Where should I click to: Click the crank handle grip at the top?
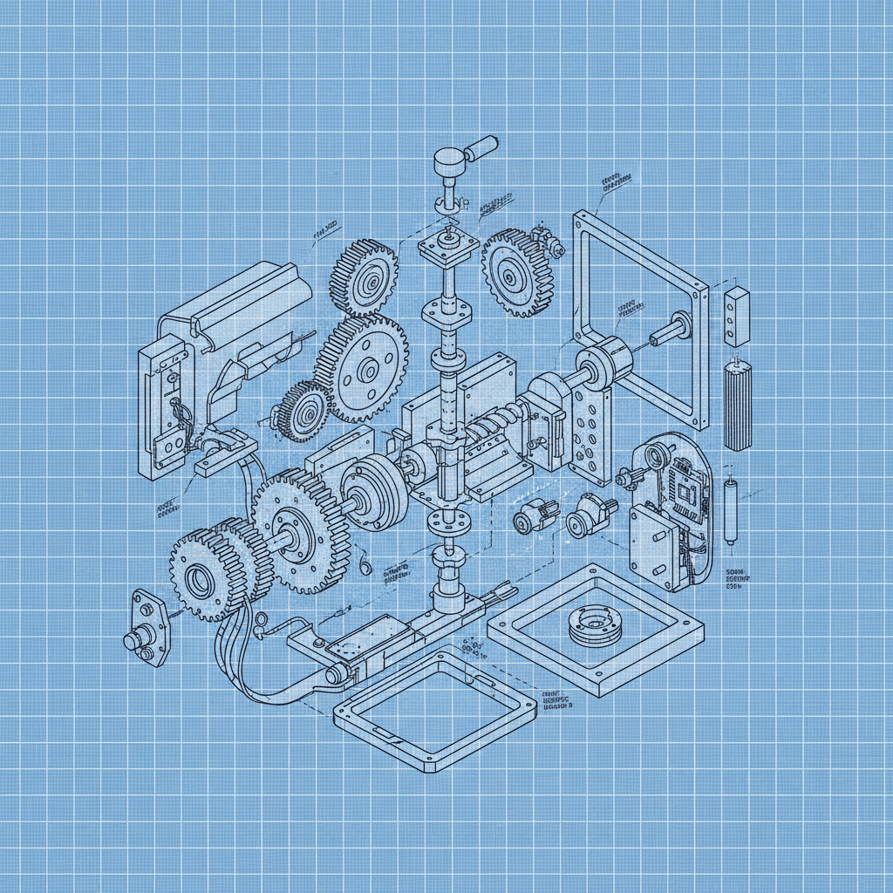481,148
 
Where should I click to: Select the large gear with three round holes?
360,369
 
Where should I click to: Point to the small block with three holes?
736,317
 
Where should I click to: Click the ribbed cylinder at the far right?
738,406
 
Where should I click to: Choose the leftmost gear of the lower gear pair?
200,576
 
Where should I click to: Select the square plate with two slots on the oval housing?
653,546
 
